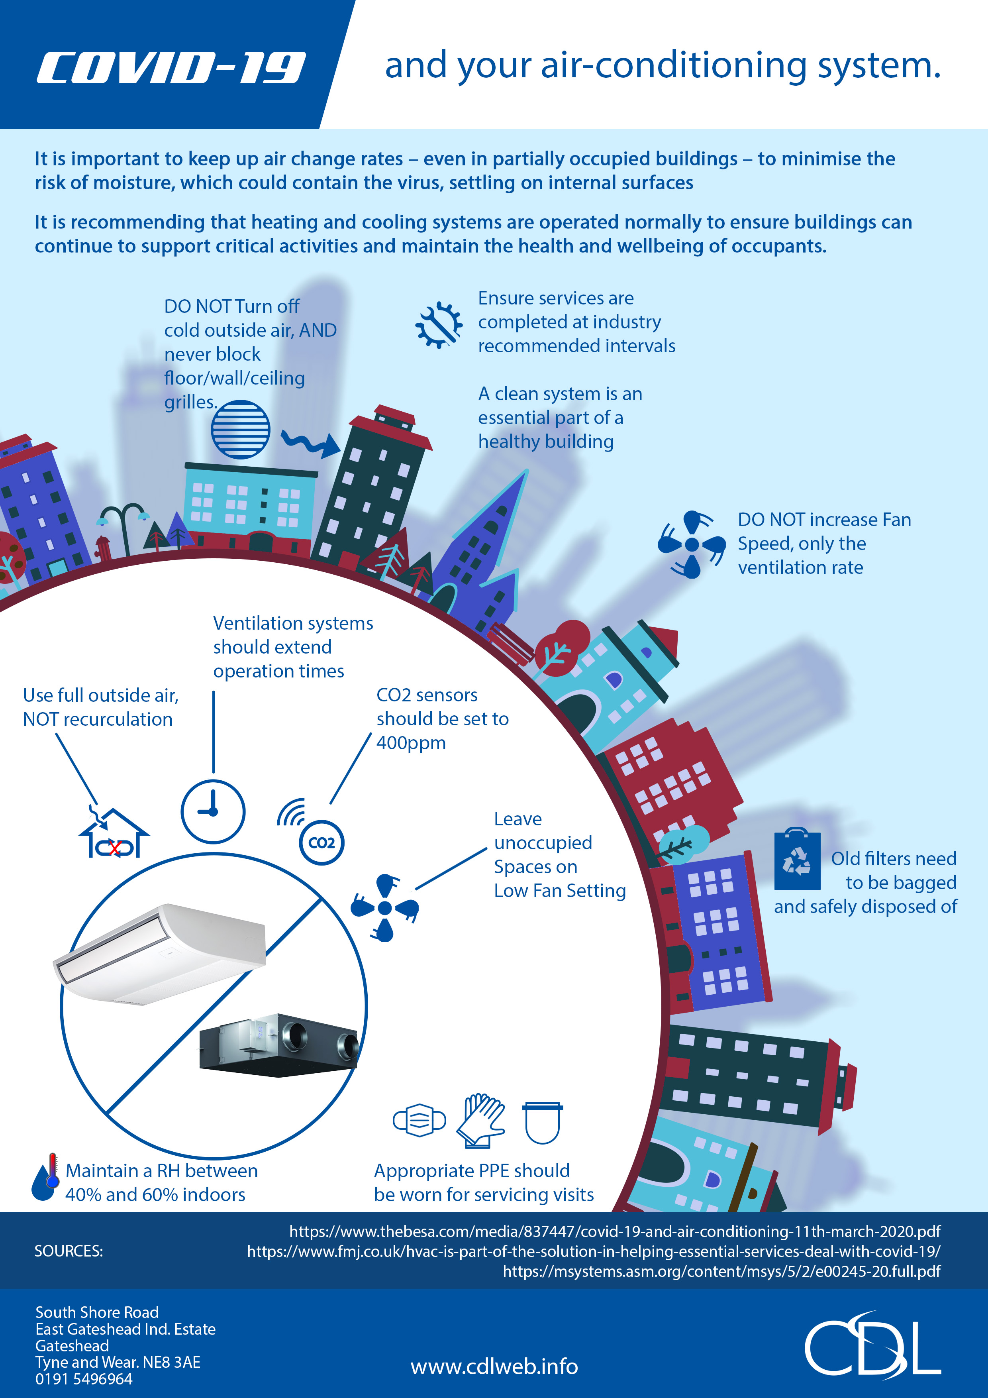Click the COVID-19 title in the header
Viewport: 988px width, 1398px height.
click(171, 68)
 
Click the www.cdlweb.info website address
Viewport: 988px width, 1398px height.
click(494, 1367)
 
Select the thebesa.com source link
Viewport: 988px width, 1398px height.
click(615, 1231)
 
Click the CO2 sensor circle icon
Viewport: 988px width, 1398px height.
click(321, 843)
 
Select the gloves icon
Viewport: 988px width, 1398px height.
click(481, 1121)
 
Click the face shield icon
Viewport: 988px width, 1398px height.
click(542, 1122)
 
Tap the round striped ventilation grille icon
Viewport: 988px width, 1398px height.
click(241, 429)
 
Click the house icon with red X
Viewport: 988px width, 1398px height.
click(114, 833)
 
